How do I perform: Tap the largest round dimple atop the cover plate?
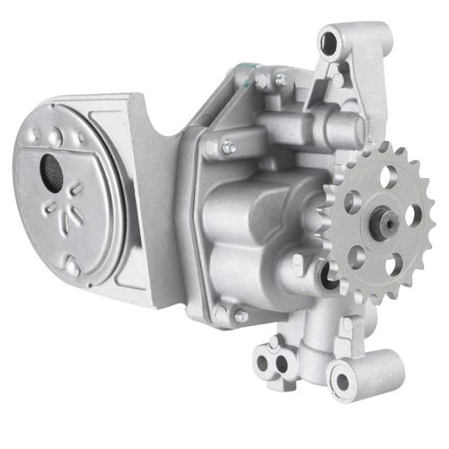[56, 136]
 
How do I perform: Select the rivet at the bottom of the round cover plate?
[72, 266]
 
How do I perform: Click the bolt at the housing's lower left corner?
[240, 315]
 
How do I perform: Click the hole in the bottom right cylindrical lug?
[343, 382]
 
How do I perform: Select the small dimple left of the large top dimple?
[35, 135]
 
